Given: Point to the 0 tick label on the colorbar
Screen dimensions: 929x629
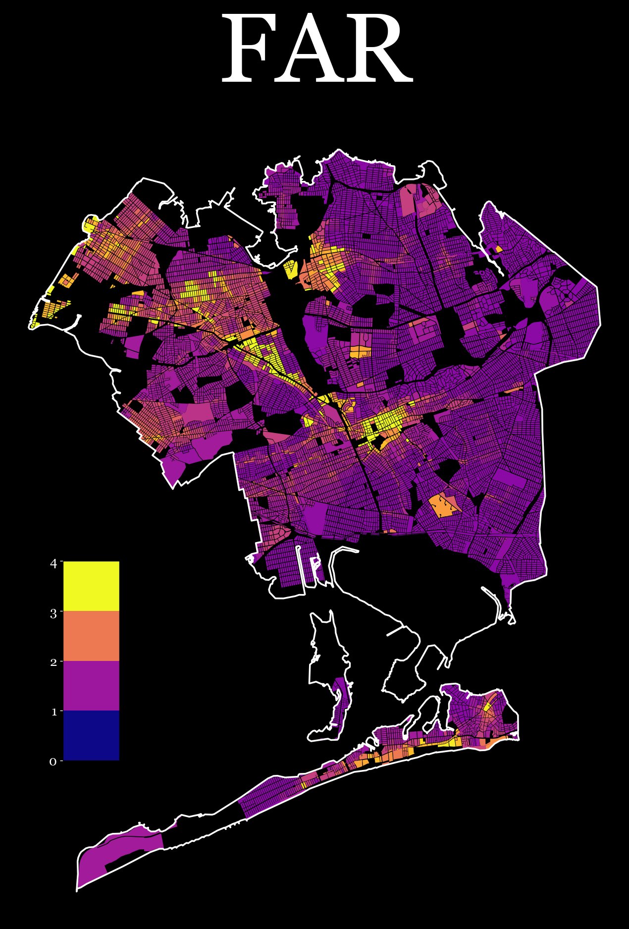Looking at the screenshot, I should click(x=53, y=762).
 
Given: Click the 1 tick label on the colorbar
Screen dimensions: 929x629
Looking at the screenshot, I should click(x=53, y=712).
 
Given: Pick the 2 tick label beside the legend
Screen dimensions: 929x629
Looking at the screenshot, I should click(x=53, y=662).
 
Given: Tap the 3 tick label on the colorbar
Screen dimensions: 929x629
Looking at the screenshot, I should click(x=53, y=613).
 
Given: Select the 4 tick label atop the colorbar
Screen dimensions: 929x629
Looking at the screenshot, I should click(x=53, y=563).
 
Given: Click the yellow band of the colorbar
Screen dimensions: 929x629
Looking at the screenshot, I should click(x=91, y=586).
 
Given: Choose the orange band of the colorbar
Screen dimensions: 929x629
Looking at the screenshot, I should click(x=91, y=636).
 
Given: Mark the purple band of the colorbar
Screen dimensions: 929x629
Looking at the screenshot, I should click(x=91, y=686).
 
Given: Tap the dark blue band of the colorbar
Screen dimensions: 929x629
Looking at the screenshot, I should click(x=91, y=735).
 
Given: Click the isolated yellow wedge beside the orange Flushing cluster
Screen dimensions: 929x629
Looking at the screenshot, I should click(x=291, y=269).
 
